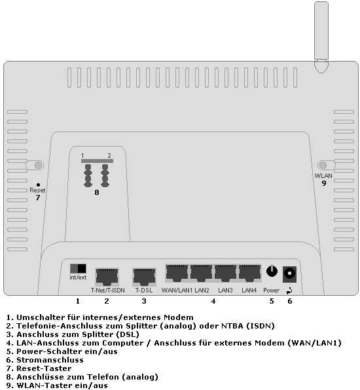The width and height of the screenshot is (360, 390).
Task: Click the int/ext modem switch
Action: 78,268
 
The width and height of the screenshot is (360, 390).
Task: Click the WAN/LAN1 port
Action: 177,272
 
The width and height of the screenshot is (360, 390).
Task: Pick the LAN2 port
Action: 202,272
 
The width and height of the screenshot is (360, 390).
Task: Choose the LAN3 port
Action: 226,272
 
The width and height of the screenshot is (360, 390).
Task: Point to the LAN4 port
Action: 249,272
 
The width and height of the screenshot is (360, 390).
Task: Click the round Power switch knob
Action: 272,271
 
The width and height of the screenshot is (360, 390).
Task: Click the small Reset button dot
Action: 38,184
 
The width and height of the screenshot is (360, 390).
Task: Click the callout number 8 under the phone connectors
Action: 97,192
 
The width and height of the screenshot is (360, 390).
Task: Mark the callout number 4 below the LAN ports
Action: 213,301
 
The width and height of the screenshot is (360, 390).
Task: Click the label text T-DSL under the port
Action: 143,290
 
